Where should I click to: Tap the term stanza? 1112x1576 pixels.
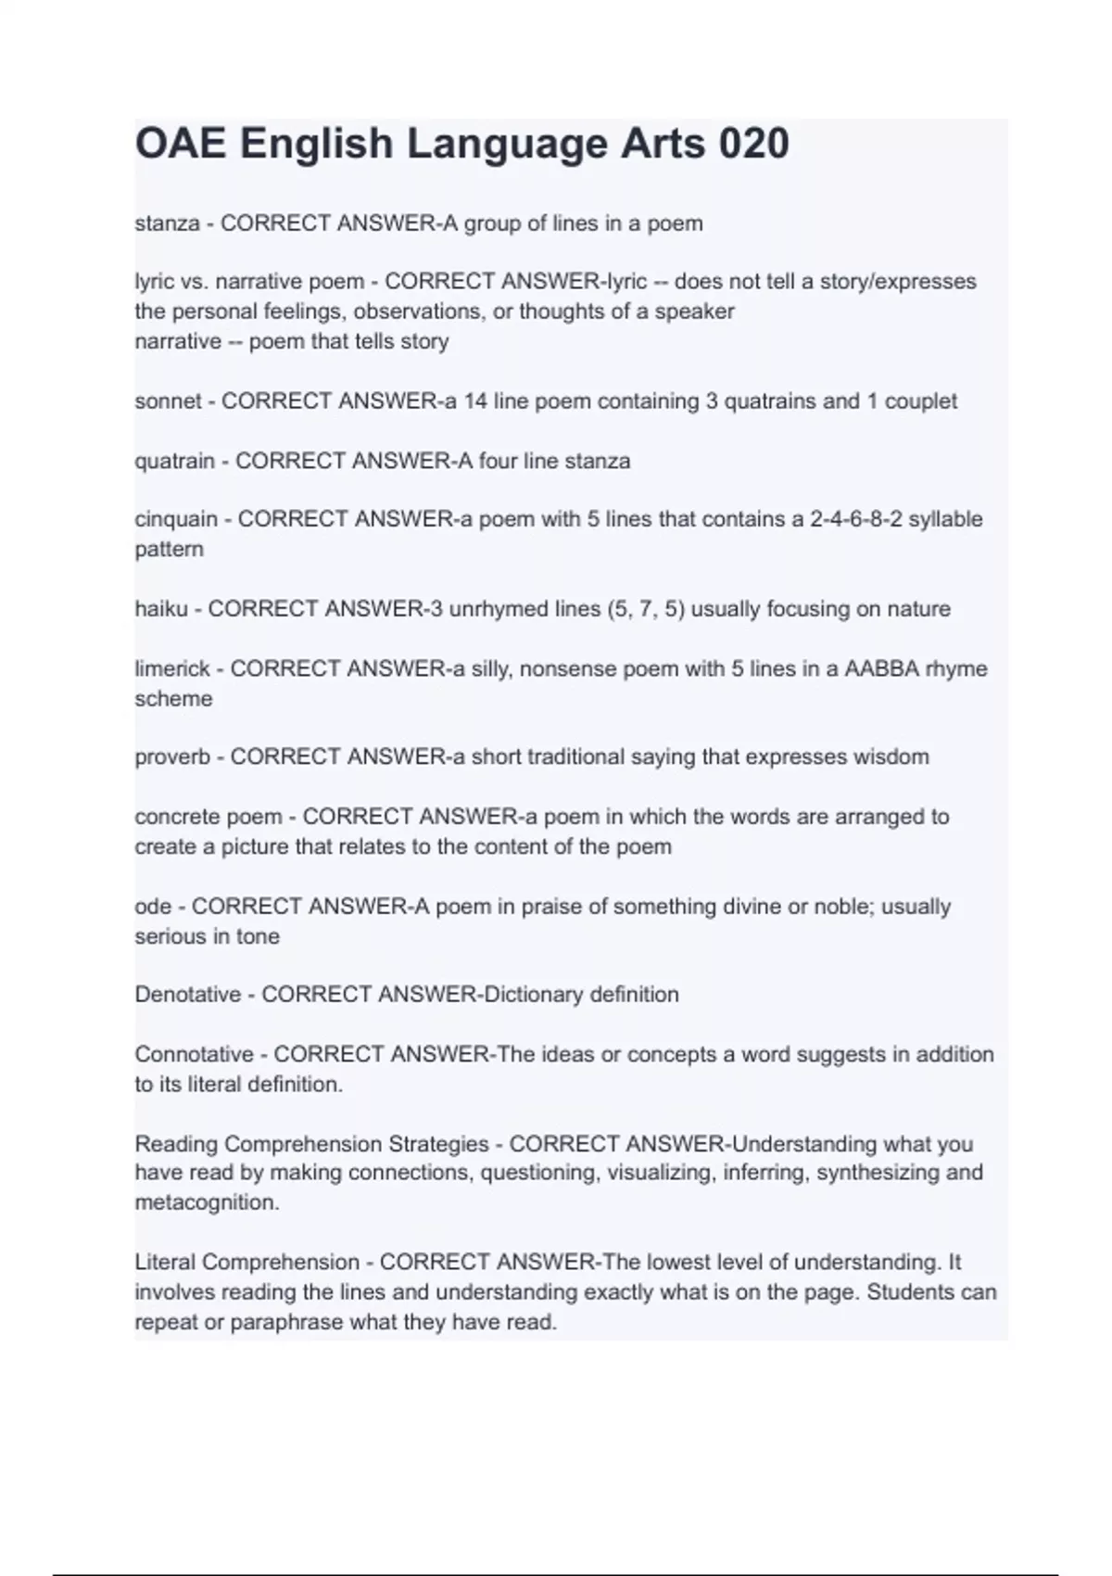[167, 223]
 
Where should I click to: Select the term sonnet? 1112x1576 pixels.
[168, 401]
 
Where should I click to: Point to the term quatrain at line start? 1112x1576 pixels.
[174, 461]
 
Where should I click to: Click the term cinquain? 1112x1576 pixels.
[176, 519]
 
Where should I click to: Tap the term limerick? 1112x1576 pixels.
[172, 668]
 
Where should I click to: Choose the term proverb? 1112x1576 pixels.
[172, 757]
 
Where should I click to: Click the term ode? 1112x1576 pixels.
[153, 906]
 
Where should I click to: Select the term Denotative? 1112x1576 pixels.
[187, 995]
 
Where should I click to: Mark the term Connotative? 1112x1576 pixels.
[194, 1054]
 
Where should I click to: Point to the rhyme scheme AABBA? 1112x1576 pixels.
[881, 668]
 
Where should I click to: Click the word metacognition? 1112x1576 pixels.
[206, 1202]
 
